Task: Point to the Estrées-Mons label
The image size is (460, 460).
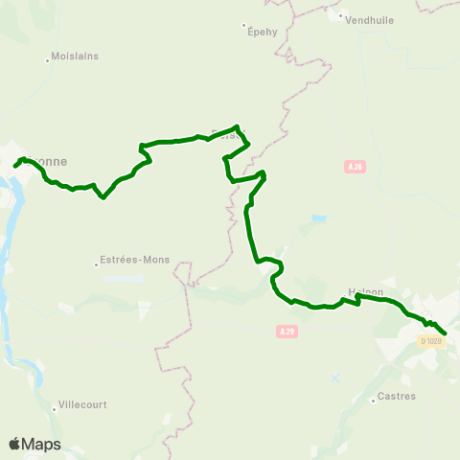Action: click(134, 260)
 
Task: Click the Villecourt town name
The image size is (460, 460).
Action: click(86, 404)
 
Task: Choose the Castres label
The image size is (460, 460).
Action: click(397, 395)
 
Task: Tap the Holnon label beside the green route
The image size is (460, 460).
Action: click(366, 292)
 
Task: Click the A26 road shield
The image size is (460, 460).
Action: click(355, 167)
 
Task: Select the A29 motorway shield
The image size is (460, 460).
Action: click(286, 332)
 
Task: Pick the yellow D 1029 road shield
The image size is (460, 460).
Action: click(432, 340)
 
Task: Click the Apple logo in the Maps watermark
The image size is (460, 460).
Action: click(14, 444)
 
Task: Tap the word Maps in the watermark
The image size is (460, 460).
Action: click(41, 444)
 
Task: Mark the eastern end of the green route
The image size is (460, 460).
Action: click(446, 333)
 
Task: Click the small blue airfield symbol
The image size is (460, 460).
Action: click(335, 378)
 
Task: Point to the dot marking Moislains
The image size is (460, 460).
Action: click(47, 60)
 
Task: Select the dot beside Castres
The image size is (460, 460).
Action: click(374, 400)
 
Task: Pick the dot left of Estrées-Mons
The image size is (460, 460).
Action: click(97, 264)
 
